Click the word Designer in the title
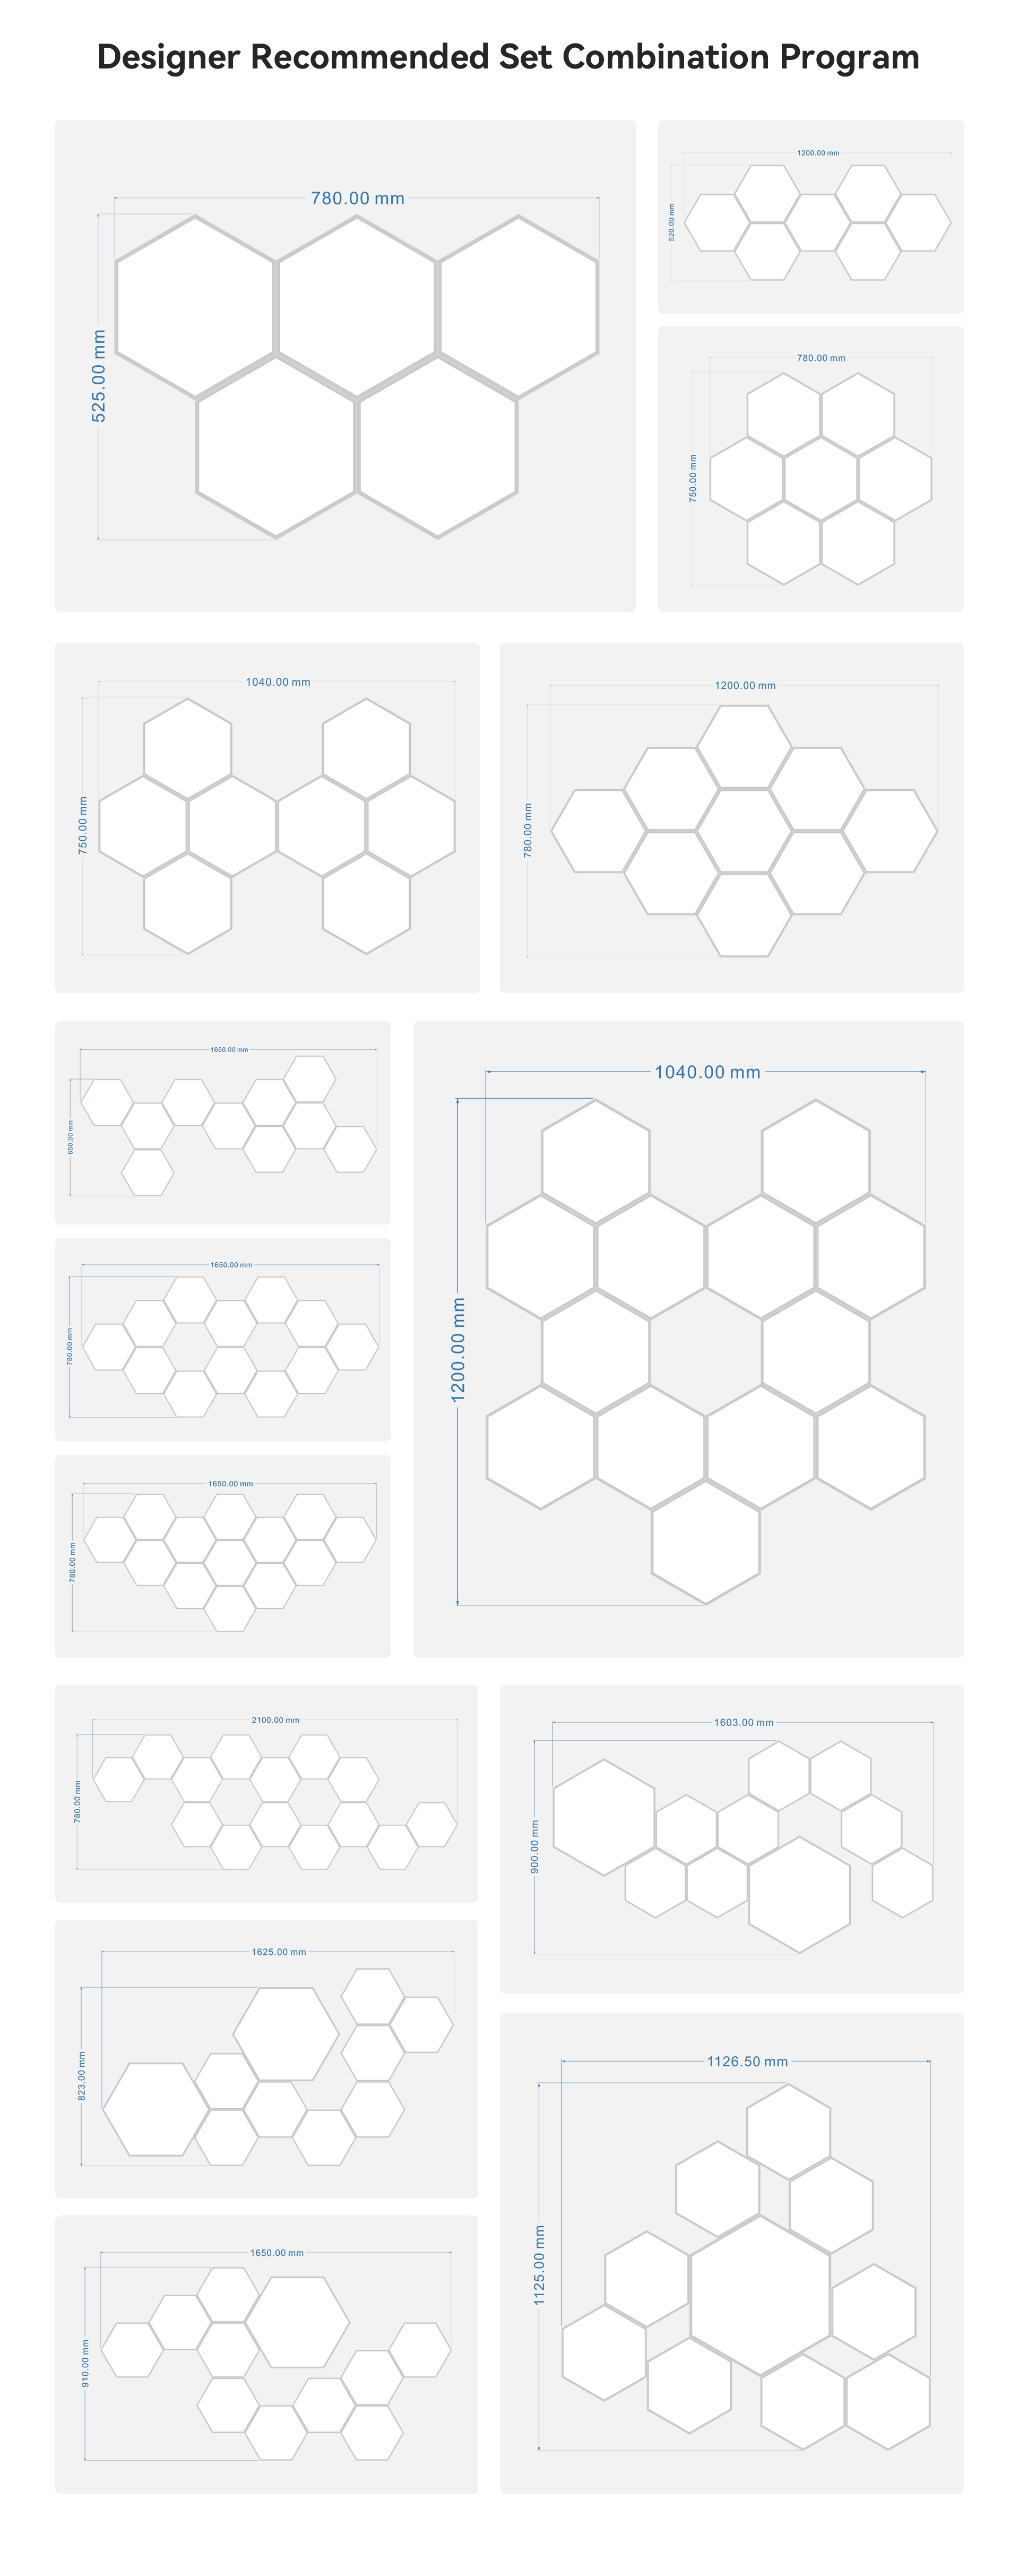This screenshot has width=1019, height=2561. pos(168,58)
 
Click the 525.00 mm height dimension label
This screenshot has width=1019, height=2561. pos(98,376)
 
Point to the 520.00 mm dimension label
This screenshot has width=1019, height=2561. pos(671,222)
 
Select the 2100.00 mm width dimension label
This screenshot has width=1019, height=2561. pos(275,1720)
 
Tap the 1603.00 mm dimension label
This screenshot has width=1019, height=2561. pos(744,1722)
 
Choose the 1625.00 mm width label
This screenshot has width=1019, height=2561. pos(278,1952)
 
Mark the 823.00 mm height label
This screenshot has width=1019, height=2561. pos(82,2076)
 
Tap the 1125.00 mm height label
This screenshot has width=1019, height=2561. pos(539,2265)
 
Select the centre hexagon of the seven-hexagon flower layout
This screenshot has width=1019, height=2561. pos(820,478)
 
